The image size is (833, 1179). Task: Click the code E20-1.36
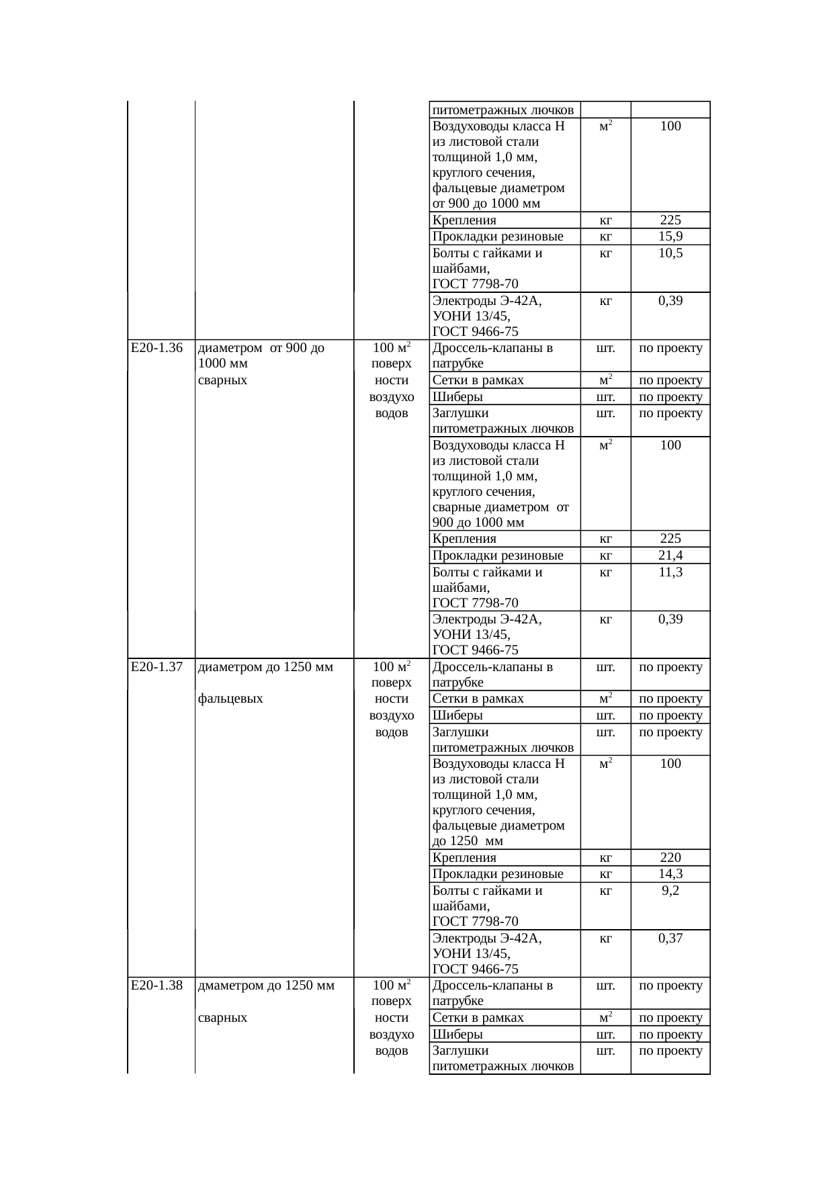pos(157,348)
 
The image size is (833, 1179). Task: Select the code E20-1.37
pos(157,667)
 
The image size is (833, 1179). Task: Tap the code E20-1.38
pos(157,986)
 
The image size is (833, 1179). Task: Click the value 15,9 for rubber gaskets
pos(670,236)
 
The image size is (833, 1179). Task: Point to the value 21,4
pos(670,556)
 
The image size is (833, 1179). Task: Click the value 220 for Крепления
pos(670,857)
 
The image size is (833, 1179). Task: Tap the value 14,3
pos(670,874)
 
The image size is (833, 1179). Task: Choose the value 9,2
pos(670,891)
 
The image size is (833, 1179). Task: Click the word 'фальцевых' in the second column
pos(230,699)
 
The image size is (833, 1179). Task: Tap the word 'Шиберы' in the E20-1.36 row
pos(457,396)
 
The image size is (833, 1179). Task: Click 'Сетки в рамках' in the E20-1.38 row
pos(478,1018)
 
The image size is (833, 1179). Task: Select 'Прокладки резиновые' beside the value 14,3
pos(497,874)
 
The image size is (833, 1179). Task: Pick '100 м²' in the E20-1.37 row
pos(392,667)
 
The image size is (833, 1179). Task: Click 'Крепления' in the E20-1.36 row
pos(464,539)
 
